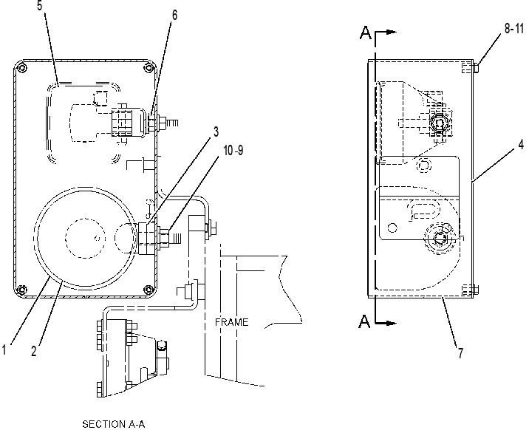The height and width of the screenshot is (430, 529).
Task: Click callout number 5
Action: (x=40, y=5)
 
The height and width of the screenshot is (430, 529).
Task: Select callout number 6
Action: (x=174, y=16)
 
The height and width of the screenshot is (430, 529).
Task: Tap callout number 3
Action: (x=216, y=132)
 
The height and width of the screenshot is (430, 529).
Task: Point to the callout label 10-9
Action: (x=233, y=151)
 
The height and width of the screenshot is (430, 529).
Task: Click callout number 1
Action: (x=4, y=349)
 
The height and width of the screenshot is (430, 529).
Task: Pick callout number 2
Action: (x=34, y=351)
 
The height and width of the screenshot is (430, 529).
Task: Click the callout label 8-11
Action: (x=514, y=29)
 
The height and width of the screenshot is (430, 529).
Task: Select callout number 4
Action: (x=521, y=145)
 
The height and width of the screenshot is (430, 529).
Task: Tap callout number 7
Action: (x=460, y=353)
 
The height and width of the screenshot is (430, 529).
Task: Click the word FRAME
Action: (x=232, y=322)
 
